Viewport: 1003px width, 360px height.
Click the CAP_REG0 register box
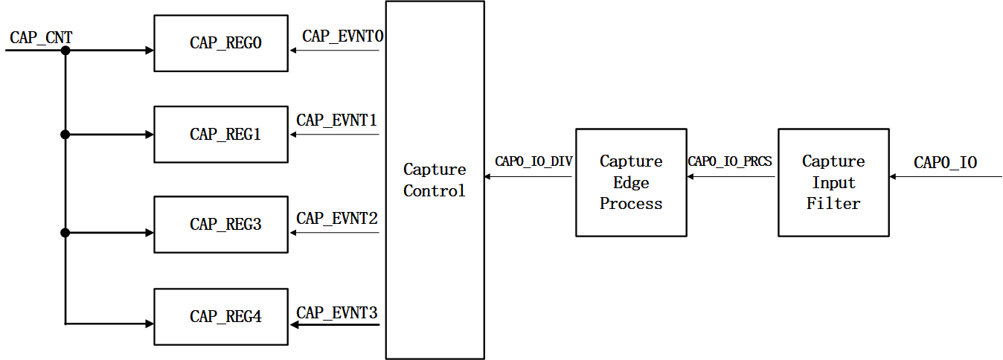[x=220, y=43]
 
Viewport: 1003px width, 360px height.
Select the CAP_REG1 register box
[x=220, y=135]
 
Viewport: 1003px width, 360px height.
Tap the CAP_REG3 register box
[x=220, y=224]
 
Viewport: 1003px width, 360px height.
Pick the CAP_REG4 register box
[x=220, y=316]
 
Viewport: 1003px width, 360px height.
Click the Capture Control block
[x=435, y=180]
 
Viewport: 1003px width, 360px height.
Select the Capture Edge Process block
[x=631, y=182]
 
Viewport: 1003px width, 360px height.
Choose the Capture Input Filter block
[x=833, y=182]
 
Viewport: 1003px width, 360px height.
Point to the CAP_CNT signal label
[x=41, y=37]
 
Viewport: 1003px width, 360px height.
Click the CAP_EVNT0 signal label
[x=342, y=36]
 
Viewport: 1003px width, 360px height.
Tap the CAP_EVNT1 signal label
[x=336, y=120]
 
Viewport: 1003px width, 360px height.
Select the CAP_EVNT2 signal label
[x=336, y=218]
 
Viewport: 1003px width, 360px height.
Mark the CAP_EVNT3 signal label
[x=336, y=312]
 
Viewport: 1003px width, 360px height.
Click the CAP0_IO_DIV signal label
[x=533, y=161]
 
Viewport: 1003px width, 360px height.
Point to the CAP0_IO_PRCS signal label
[x=730, y=161]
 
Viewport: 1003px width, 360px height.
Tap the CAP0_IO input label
[x=945, y=163]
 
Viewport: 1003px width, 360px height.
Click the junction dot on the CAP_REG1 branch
[x=65, y=135]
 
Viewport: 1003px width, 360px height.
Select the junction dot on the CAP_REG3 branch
[x=65, y=233]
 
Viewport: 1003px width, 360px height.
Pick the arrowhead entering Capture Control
[x=488, y=177]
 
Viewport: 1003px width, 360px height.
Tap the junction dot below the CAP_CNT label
[x=65, y=51]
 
